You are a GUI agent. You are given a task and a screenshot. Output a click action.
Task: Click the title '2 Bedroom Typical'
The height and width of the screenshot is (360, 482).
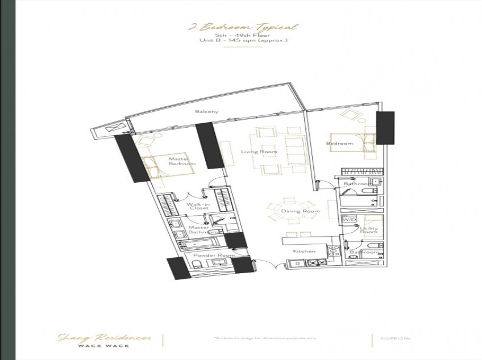click(242, 27)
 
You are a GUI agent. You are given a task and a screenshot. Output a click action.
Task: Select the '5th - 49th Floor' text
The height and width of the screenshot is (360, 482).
click(242, 35)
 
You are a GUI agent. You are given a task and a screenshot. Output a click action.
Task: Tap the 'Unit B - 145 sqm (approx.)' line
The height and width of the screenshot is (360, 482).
click(242, 41)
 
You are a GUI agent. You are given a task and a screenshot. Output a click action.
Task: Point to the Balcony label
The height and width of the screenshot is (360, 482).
click(206, 112)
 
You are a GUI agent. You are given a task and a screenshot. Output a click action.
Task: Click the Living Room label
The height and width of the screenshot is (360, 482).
click(251, 152)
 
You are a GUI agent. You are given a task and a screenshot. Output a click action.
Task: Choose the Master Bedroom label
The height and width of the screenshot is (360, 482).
click(182, 162)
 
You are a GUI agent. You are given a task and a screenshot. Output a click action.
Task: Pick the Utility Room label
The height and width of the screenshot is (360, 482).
click(368, 229)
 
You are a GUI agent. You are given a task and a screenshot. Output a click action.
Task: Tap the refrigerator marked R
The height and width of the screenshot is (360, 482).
click(297, 263)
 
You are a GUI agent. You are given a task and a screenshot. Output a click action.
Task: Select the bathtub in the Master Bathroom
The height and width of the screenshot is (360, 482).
click(200, 245)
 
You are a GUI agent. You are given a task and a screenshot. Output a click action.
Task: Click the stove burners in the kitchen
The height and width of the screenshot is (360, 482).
click(316, 263)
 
